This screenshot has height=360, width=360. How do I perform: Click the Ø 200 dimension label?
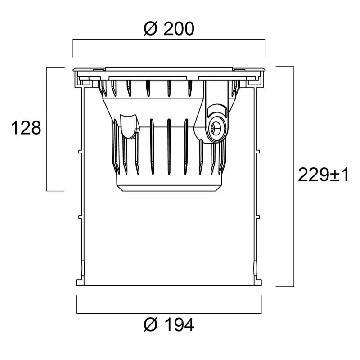click(x=169, y=29)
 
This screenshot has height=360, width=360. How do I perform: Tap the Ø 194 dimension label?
click(x=169, y=324)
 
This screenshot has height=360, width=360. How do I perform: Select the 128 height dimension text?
click(x=26, y=128)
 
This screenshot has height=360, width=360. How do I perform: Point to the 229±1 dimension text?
click(x=323, y=175)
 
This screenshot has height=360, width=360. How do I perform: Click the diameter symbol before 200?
click(x=151, y=29)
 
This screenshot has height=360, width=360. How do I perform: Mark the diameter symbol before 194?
click(x=151, y=325)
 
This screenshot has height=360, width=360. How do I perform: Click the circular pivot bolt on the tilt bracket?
click(x=216, y=128)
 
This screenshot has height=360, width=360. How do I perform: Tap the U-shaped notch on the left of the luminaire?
click(x=129, y=126)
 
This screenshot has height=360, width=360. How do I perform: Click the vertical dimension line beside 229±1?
click(x=294, y=176)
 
